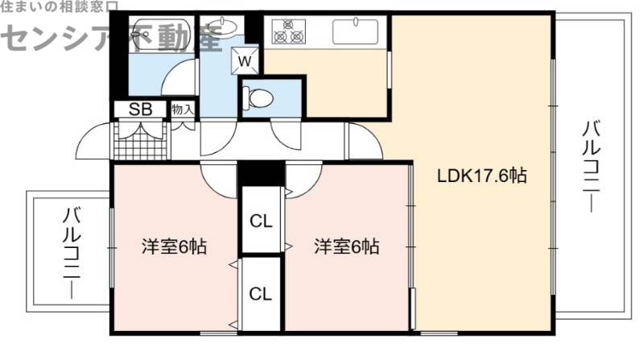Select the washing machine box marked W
click(x=246, y=60)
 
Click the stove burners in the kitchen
click(x=291, y=34)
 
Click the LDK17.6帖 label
click(x=471, y=176)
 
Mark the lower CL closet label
click(x=259, y=293)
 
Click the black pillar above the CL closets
click(x=260, y=172)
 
